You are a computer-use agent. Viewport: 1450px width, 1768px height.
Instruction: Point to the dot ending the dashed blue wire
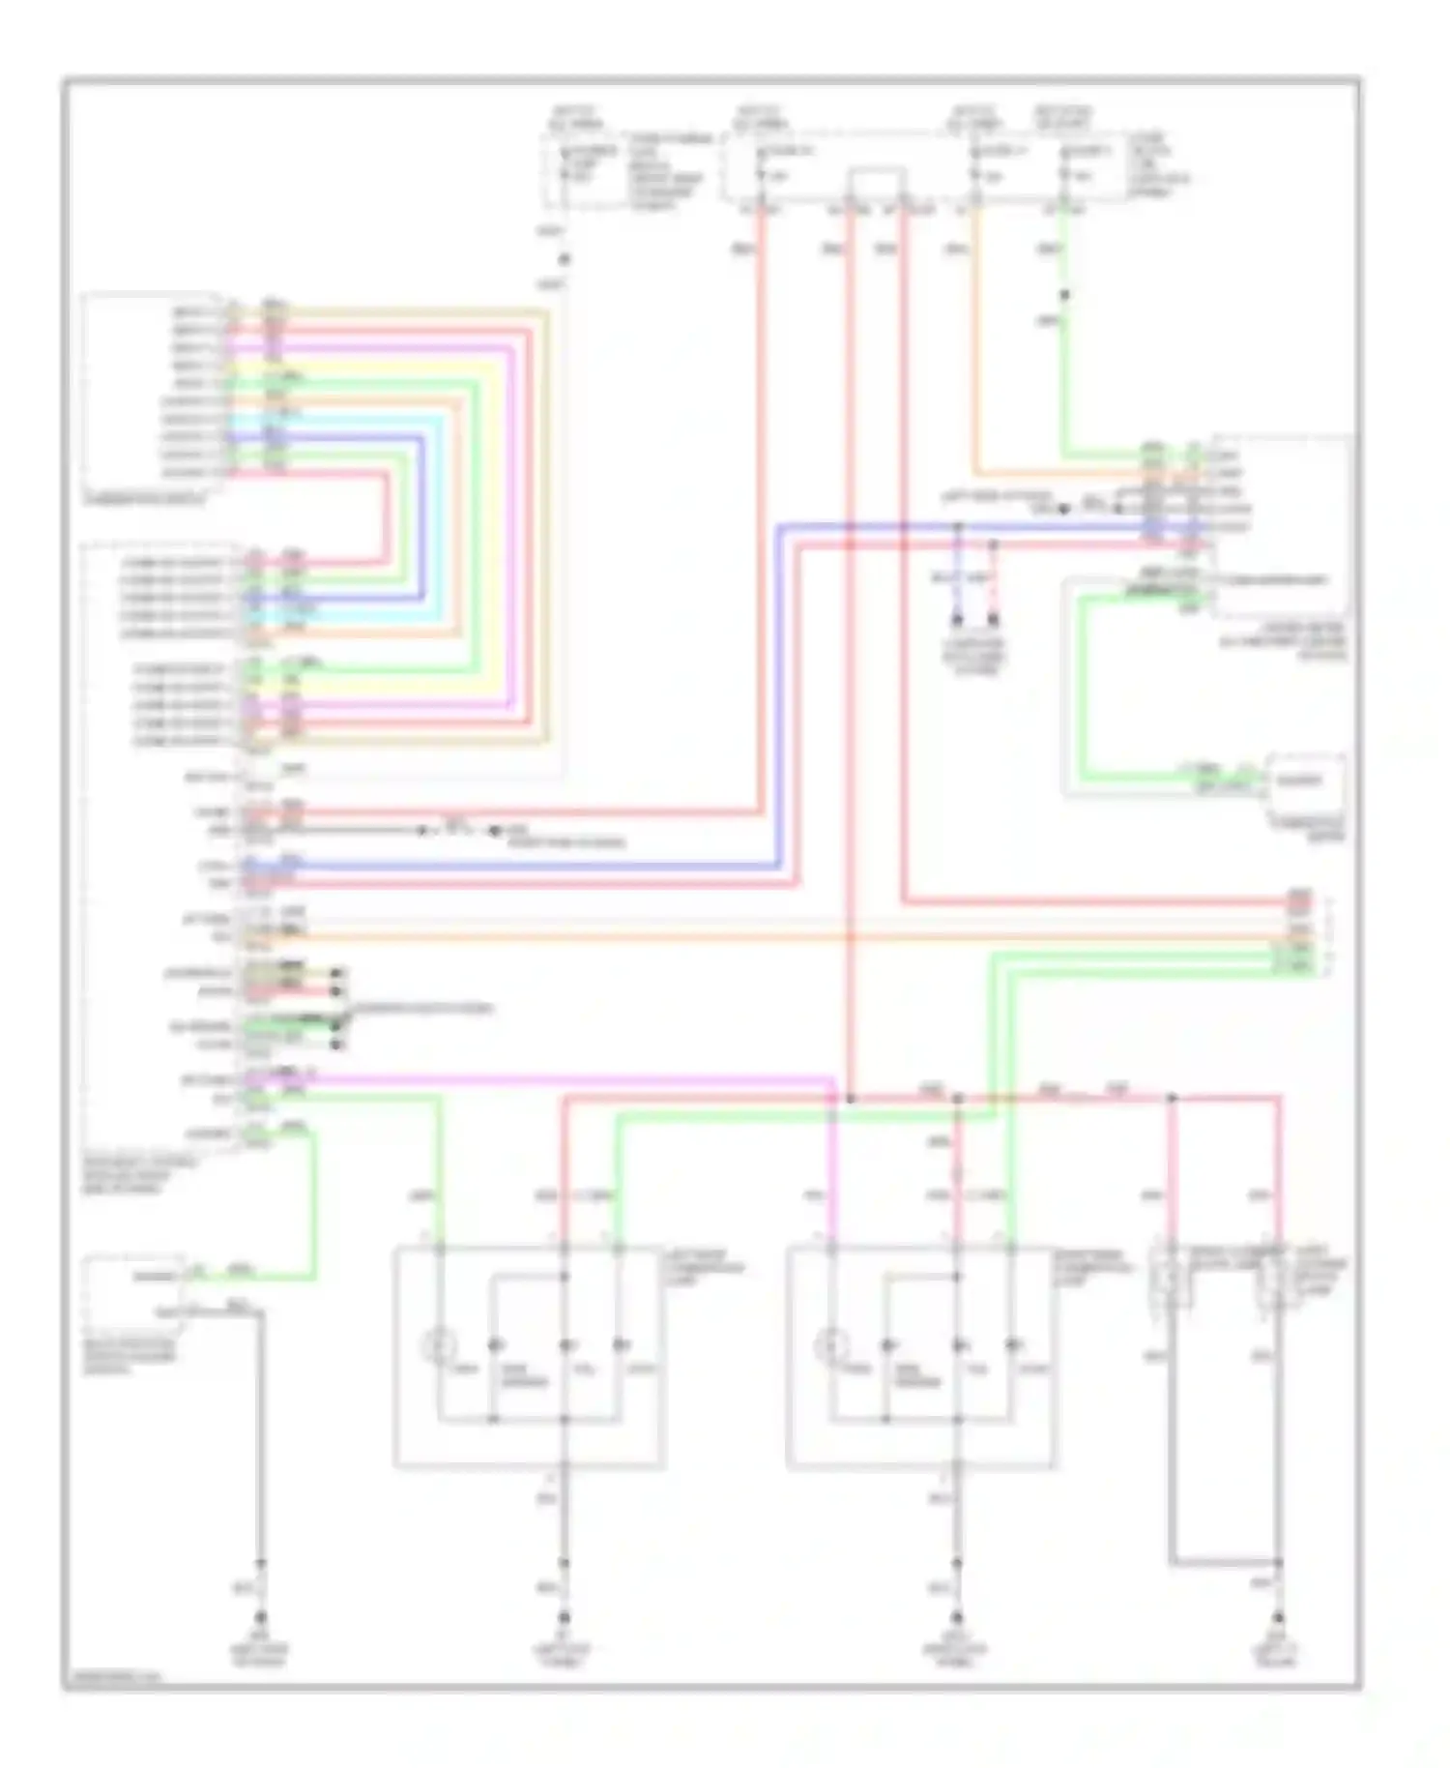[958, 619]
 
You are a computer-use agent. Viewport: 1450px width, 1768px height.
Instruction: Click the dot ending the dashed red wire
[993, 619]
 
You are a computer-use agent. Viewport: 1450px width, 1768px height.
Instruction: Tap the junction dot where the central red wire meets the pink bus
[851, 1099]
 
